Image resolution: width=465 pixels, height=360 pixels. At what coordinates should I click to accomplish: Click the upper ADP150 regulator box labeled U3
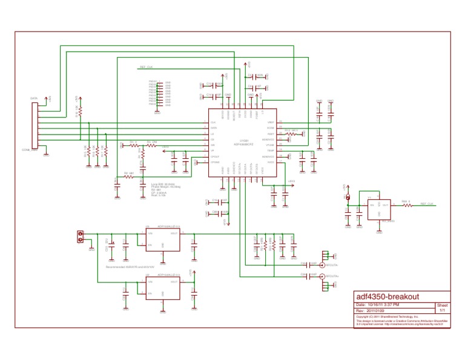163,239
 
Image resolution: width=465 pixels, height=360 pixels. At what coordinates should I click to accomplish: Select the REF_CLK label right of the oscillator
427,204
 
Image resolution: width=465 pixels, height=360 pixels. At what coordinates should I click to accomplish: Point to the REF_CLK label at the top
147,67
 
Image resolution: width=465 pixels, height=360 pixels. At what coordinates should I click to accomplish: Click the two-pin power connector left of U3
79,237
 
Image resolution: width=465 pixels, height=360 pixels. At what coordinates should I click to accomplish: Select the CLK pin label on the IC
213,122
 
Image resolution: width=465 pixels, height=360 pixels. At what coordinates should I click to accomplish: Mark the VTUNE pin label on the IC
270,145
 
